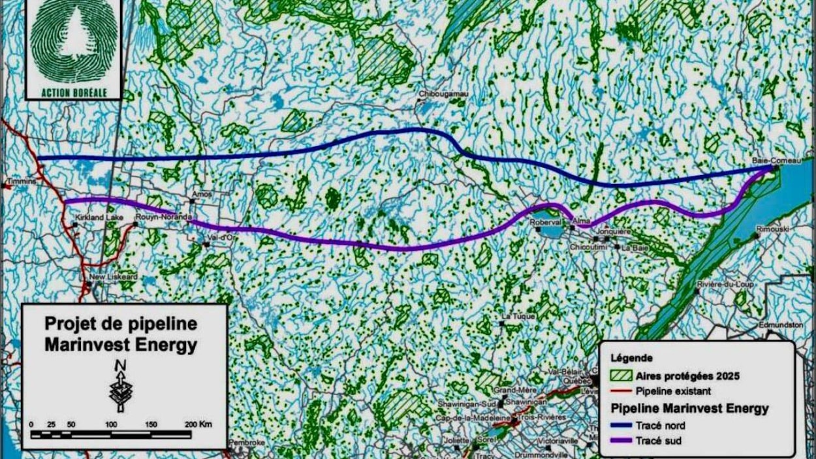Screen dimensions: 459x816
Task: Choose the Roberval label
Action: coord(546,221)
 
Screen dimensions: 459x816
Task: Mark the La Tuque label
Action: coord(514,317)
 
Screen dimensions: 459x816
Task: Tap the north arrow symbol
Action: coord(121,386)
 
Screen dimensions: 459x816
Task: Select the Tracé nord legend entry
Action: coord(660,426)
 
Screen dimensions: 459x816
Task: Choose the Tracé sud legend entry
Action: coord(659,441)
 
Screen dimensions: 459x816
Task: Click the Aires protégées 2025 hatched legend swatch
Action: coord(622,376)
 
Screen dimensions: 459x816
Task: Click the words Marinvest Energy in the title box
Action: coord(120,345)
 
